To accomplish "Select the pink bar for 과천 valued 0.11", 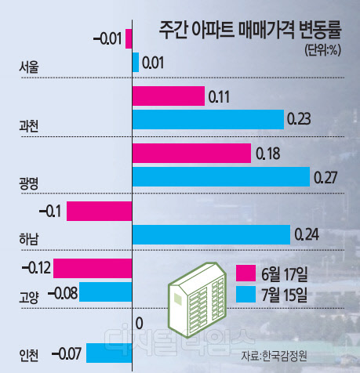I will [x=168, y=96].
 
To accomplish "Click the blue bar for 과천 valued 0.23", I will [x=208, y=119].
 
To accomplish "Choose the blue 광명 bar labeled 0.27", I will [x=221, y=177].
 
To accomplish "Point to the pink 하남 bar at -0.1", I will [x=100, y=212].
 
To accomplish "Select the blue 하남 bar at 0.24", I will [x=211, y=234].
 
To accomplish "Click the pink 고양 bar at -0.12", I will [x=93, y=269].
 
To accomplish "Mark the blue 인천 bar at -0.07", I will [x=108, y=353].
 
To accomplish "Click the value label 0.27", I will [x=325, y=178].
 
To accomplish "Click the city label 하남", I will [x=29, y=241].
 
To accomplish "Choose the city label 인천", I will [x=29, y=354].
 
